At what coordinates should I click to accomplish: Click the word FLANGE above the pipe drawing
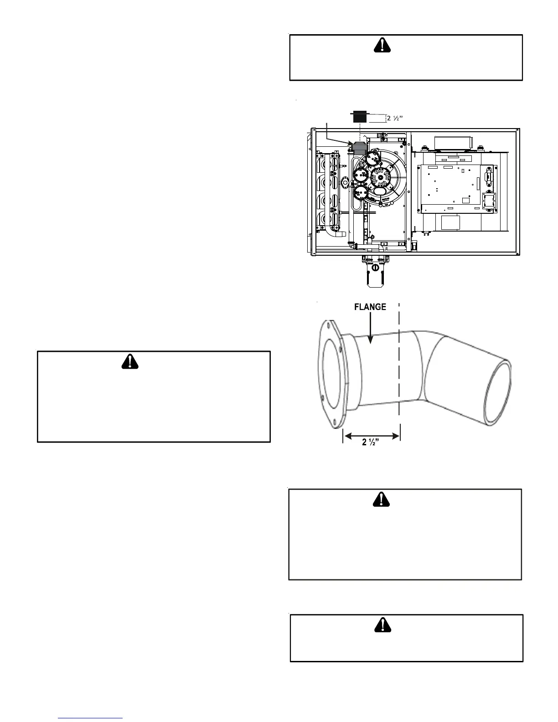click(x=370, y=307)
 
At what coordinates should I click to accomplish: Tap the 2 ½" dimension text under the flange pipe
click(x=372, y=442)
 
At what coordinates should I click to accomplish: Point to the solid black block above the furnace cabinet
click(x=360, y=117)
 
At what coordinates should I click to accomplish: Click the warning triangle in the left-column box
click(x=130, y=361)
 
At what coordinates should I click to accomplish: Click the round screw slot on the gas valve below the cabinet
click(x=374, y=268)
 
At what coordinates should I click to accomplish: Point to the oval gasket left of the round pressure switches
click(x=345, y=183)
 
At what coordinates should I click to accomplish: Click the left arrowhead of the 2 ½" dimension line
click(x=346, y=436)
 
